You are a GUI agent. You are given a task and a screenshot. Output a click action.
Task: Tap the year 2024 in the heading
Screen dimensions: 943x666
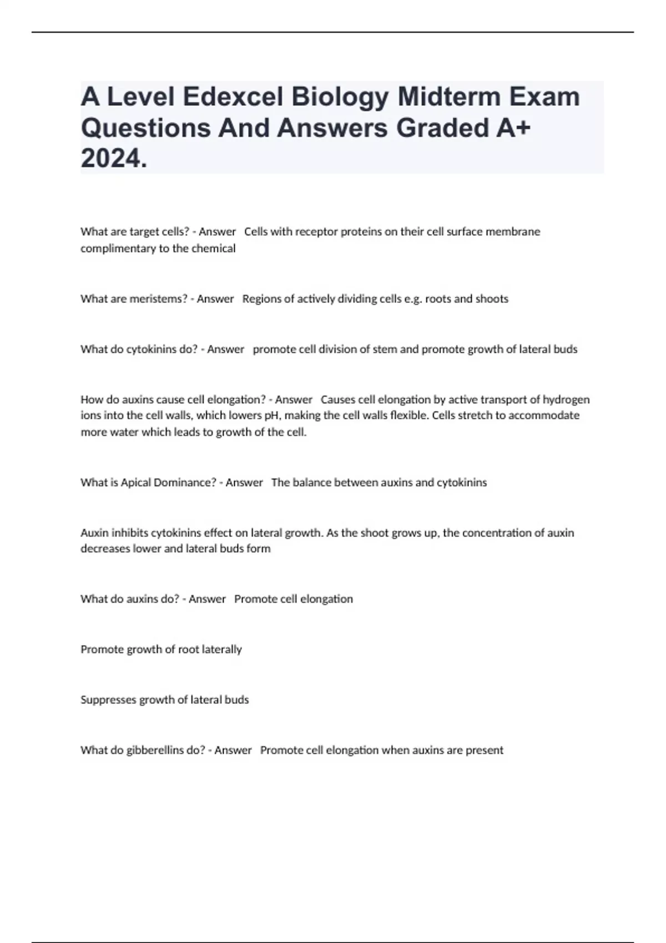[113, 159]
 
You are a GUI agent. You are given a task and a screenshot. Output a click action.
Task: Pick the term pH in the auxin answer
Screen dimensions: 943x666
[271, 415]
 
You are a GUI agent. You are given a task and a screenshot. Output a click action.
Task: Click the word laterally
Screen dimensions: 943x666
[222, 650]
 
